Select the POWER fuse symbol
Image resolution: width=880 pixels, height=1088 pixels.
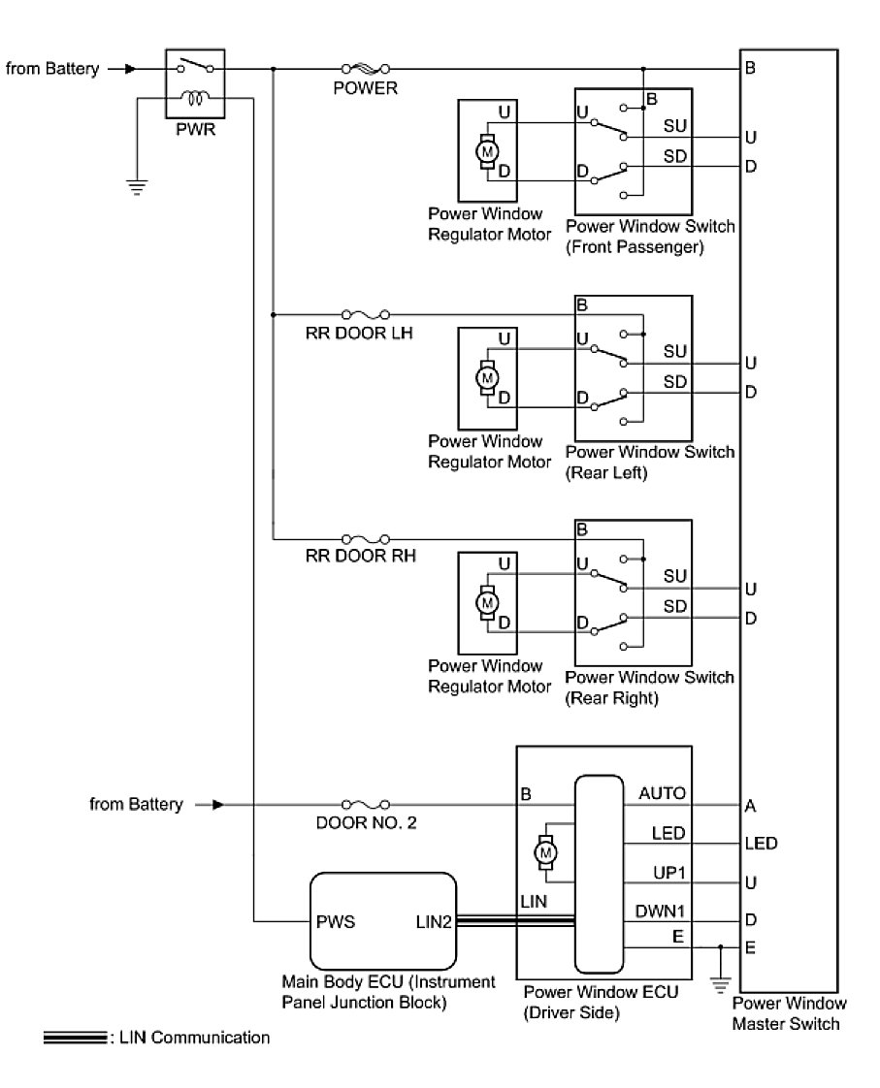(366, 69)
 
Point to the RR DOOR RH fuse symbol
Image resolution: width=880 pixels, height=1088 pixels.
(366, 538)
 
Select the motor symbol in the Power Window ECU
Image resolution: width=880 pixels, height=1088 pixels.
(545, 851)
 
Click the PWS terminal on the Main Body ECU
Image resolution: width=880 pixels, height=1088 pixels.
(336, 921)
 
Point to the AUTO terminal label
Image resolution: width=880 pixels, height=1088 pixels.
(662, 794)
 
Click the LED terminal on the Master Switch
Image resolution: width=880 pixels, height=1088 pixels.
(760, 844)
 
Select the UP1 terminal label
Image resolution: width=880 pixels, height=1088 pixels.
(669, 873)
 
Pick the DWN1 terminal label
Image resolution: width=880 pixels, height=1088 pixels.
(663, 910)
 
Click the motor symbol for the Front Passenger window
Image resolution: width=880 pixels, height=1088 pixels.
(488, 151)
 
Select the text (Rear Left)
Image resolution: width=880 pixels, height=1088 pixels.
(605, 473)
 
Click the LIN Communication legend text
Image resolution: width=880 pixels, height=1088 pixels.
(188, 1038)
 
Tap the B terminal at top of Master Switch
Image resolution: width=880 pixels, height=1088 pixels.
(751, 70)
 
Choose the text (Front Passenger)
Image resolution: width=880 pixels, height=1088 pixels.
(634, 247)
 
